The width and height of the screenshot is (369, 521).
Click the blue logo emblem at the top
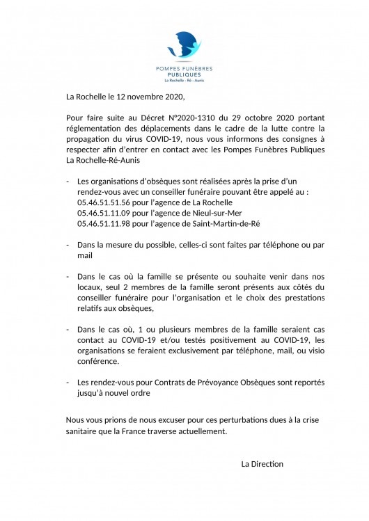point(184,46)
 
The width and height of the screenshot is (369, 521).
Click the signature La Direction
point(262,463)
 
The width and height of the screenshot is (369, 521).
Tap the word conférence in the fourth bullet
point(97,362)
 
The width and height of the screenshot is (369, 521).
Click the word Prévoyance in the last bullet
point(214,383)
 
